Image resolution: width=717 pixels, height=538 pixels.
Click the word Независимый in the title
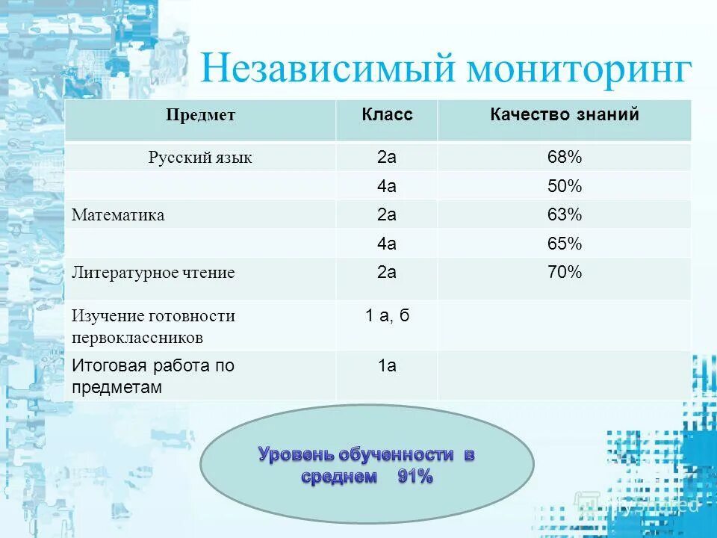click(x=327, y=69)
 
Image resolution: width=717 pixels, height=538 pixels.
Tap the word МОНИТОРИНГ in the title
click(x=579, y=69)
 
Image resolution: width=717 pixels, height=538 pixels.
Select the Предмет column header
click(x=200, y=115)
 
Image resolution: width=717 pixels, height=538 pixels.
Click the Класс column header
click(x=387, y=115)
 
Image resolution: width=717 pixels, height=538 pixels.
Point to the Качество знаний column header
click(x=564, y=115)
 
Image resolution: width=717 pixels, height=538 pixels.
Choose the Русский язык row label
click(x=200, y=158)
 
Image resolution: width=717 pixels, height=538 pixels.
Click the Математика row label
click(x=118, y=215)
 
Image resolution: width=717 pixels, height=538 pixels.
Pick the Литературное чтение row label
click(x=153, y=273)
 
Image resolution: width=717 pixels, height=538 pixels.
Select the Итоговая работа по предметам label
click(x=153, y=377)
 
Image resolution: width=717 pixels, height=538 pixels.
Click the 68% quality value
click(x=564, y=158)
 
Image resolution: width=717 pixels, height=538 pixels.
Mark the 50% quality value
click(x=564, y=187)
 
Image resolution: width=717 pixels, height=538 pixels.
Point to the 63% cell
click(x=564, y=215)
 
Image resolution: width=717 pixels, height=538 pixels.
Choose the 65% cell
click(x=564, y=244)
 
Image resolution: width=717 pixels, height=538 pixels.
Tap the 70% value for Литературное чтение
click(x=564, y=272)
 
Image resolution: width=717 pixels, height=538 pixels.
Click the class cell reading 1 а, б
click(x=387, y=315)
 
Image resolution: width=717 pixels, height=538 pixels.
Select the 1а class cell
click(x=387, y=365)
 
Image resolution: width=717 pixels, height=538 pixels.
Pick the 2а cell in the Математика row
click(x=387, y=215)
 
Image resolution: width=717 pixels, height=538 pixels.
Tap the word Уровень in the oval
click(x=297, y=454)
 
